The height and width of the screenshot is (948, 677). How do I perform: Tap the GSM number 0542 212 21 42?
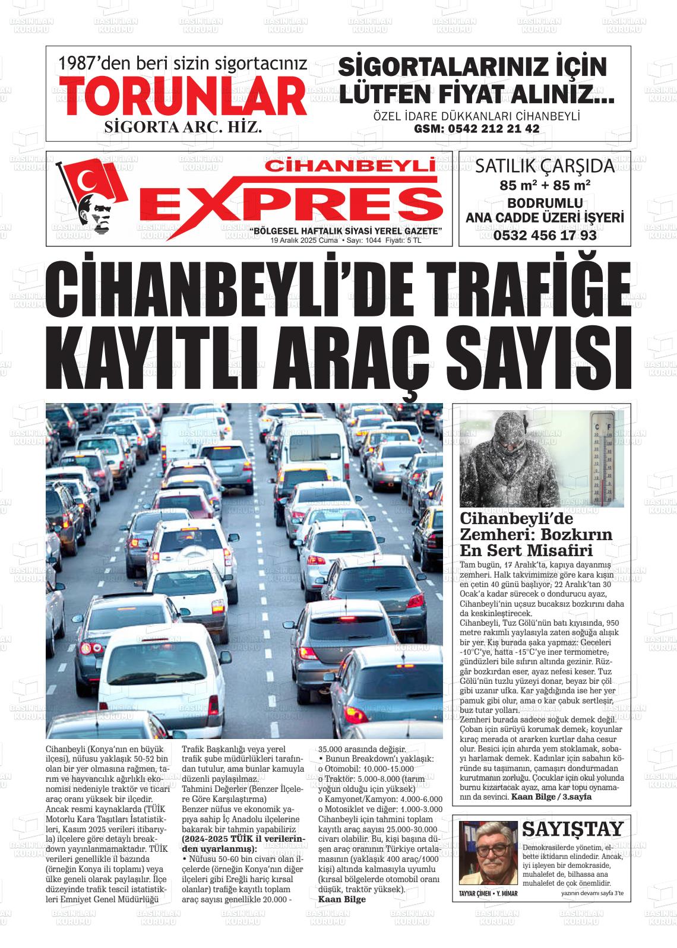476,129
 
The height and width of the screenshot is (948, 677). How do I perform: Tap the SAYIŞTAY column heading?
572,829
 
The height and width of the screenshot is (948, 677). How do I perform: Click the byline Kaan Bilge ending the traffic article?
342,899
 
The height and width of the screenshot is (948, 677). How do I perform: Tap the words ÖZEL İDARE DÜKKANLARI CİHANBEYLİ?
476,116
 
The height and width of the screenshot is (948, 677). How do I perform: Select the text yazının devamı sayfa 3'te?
592,893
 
